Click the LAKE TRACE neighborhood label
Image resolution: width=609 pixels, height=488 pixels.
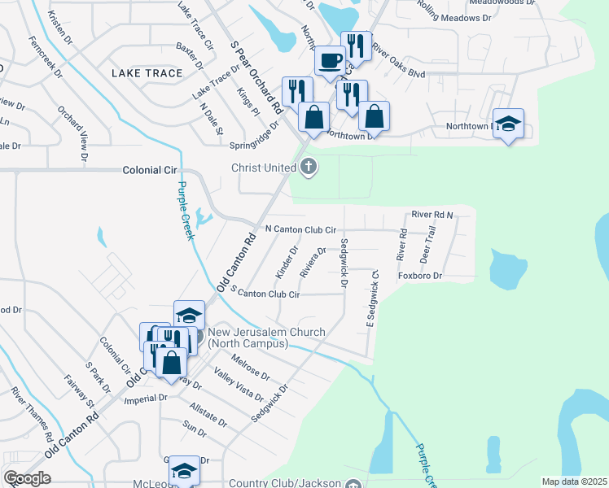point(147,73)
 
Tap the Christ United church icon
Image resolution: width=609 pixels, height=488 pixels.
point(309,168)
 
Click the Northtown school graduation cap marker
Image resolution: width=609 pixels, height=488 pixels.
point(508,124)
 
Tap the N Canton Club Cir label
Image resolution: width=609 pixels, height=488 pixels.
point(300,230)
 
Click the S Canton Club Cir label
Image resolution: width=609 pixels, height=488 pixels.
point(265,292)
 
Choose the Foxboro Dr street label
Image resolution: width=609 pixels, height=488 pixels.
point(419,276)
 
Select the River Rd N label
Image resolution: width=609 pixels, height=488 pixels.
point(432,214)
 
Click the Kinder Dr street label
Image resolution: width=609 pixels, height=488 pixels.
point(287,262)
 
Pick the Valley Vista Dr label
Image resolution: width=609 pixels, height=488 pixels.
point(239,385)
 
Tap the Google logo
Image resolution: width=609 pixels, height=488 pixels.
point(28,477)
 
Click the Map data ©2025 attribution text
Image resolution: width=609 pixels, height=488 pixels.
point(574,481)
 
